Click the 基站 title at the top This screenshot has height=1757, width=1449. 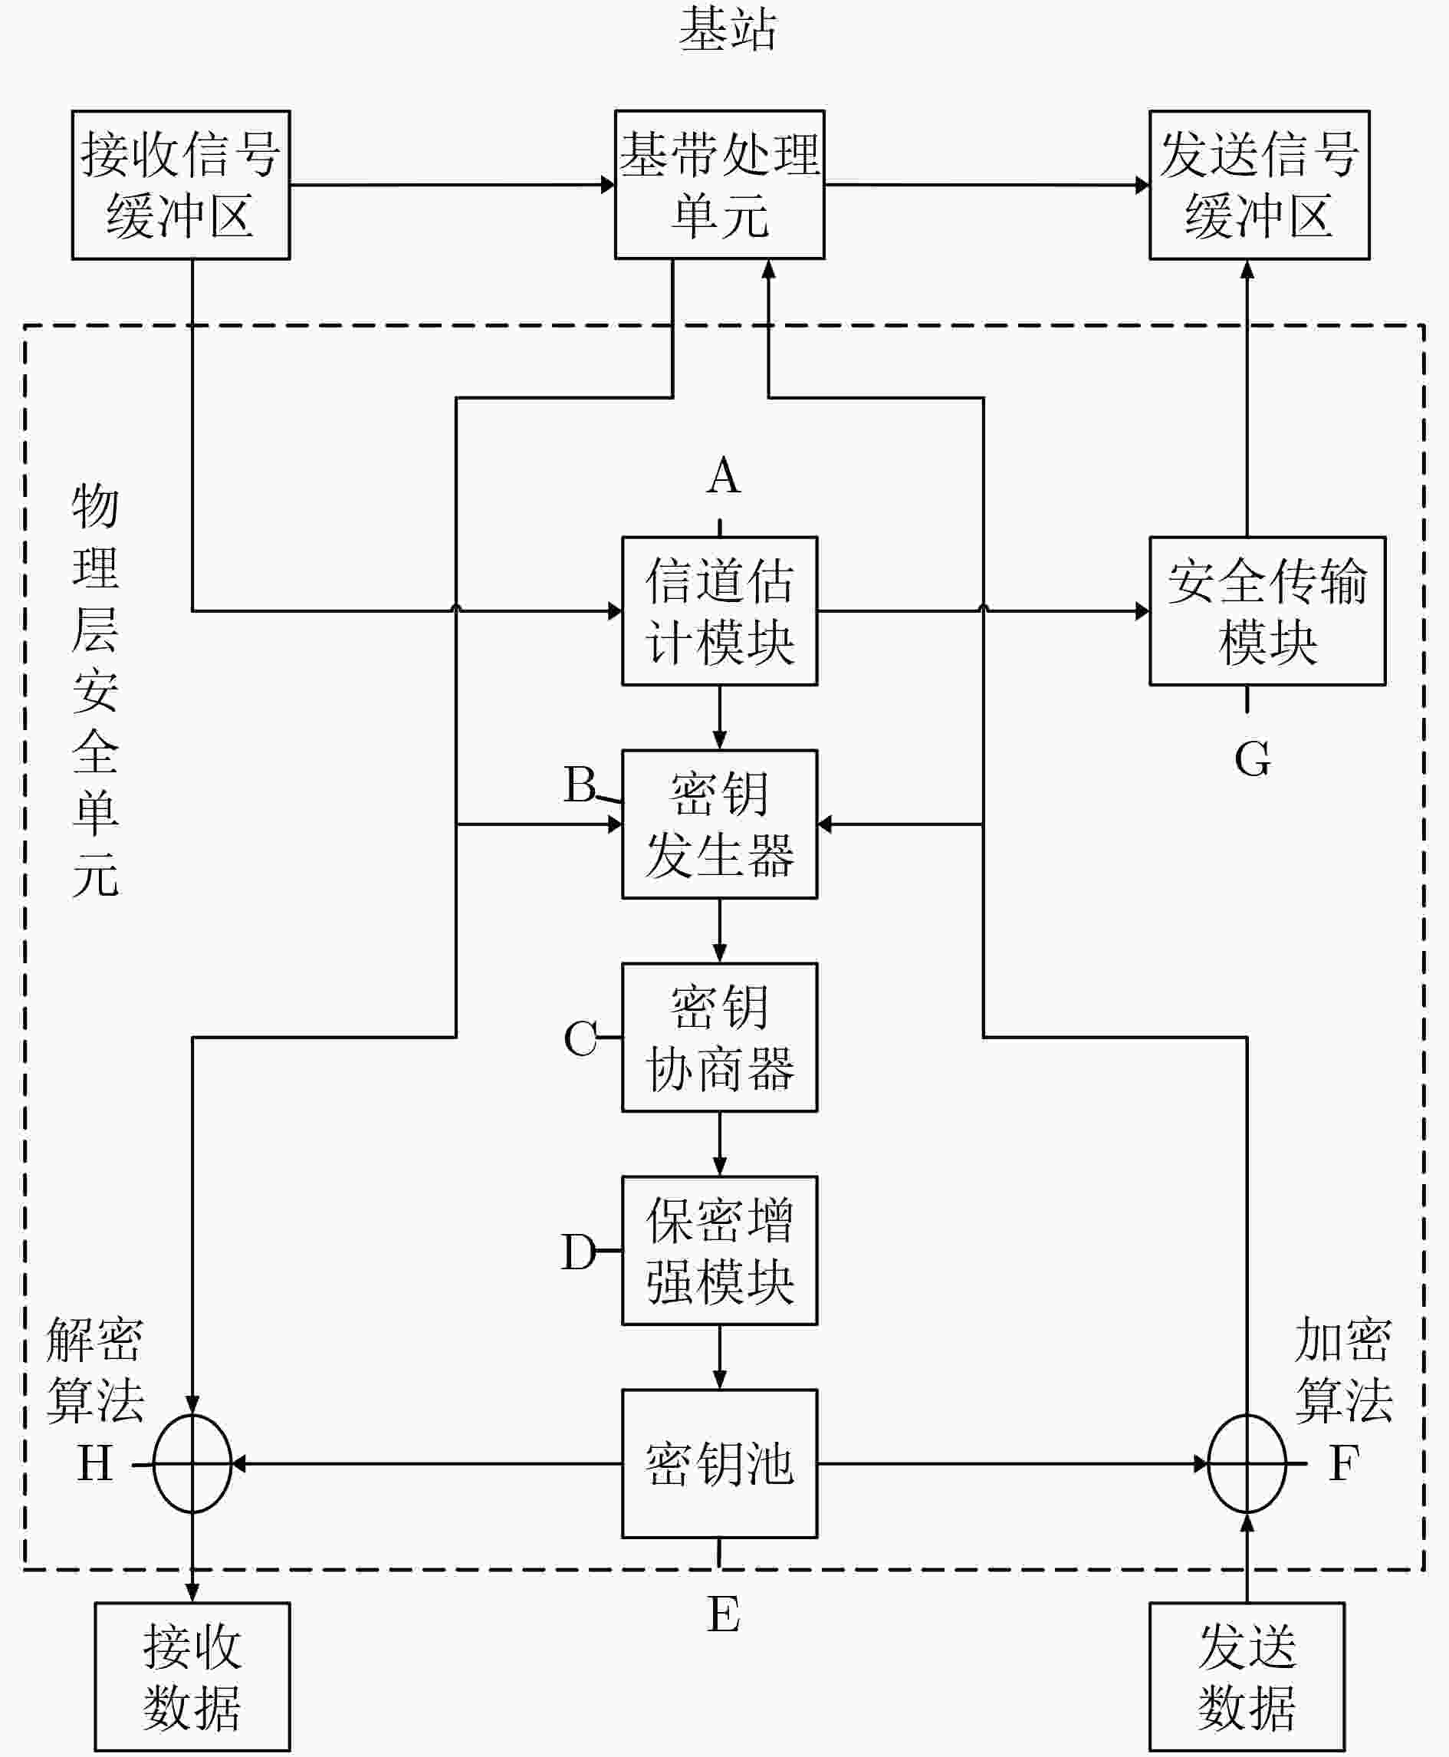pyautogui.click(x=727, y=29)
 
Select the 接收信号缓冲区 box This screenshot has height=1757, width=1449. pyautogui.click(x=181, y=185)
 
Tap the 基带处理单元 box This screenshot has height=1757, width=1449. pyautogui.click(x=719, y=185)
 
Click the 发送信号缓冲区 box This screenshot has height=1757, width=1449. pyautogui.click(x=1260, y=185)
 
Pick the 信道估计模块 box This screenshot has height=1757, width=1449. pyautogui.click(x=719, y=611)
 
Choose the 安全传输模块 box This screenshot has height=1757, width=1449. pyautogui.click(x=1268, y=611)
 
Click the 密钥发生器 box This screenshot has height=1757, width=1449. pyautogui.click(x=719, y=824)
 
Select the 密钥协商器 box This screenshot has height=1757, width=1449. pyautogui.click(x=719, y=1037)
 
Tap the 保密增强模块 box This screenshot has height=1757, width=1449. pyautogui.click(x=719, y=1250)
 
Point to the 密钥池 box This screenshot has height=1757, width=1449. pyautogui.click(x=719, y=1464)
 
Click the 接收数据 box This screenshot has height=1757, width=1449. pyautogui.click(x=192, y=1676)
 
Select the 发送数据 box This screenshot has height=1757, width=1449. pyautogui.click(x=1247, y=1676)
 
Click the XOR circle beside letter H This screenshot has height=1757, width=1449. pyautogui.click(x=153, y=1464)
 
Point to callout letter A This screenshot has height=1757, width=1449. pyautogui.click(x=724, y=476)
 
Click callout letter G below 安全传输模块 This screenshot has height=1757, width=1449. pyautogui.click(x=1253, y=760)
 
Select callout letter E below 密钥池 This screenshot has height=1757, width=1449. pyautogui.click(x=724, y=1614)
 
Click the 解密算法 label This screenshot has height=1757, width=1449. pyautogui.click(x=95, y=1370)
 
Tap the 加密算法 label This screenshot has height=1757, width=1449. pyautogui.click(x=1344, y=1370)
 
